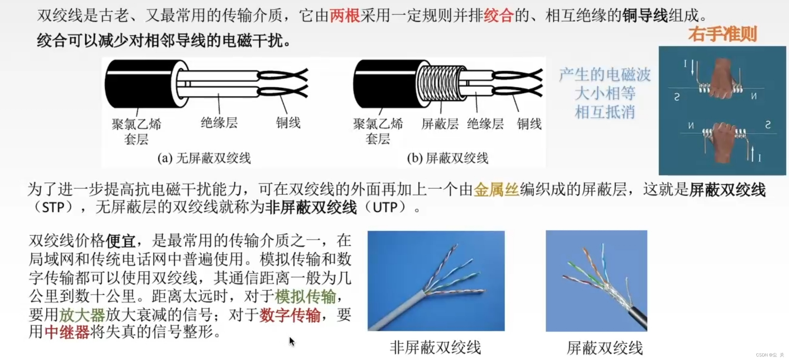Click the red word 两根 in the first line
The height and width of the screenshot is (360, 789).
click(x=345, y=15)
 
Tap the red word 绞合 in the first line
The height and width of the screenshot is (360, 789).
click(x=499, y=15)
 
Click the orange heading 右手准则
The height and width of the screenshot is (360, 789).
click(x=723, y=34)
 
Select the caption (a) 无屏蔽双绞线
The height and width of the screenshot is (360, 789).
click(x=204, y=158)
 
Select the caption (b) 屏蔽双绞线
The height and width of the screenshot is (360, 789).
click(x=447, y=158)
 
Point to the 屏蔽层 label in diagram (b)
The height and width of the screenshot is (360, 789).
click(x=440, y=124)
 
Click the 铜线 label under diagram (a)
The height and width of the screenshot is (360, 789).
click(x=288, y=123)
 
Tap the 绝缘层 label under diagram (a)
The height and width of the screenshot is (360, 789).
click(x=219, y=123)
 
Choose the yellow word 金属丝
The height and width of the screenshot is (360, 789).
click(x=496, y=189)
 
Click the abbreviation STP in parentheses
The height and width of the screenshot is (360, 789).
click(x=53, y=207)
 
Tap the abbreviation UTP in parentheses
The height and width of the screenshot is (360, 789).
click(x=385, y=207)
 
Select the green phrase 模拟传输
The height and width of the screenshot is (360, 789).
click(x=305, y=296)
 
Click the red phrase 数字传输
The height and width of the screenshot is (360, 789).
click(x=290, y=315)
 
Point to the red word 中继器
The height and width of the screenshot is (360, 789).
click(x=67, y=332)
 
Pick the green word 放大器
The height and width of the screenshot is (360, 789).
click(x=82, y=315)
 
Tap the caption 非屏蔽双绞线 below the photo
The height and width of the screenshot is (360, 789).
click(x=435, y=347)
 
